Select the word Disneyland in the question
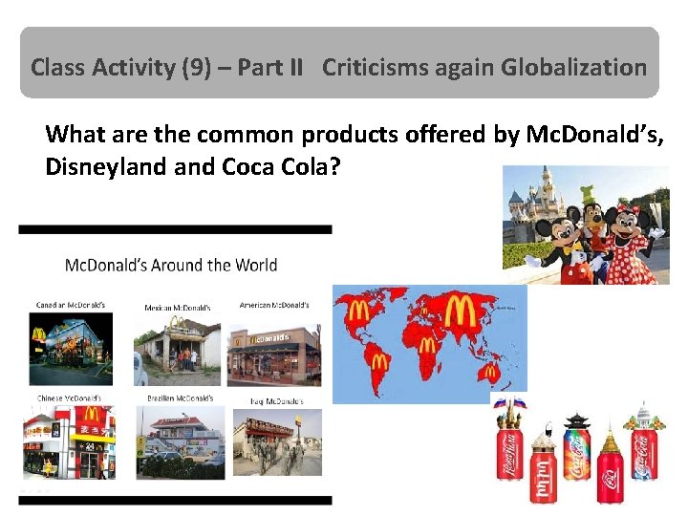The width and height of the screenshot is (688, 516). coord(94,165)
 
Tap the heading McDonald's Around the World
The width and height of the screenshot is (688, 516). coord(171,266)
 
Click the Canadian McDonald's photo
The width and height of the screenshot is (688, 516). coord(70,347)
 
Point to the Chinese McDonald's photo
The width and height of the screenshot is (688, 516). coord(70,441)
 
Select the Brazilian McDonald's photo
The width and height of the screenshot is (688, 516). coord(181,441)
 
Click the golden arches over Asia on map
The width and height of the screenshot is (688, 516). coord(460,312)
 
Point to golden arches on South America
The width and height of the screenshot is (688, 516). coord(380,362)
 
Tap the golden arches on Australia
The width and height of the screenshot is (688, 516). coord(491,373)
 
